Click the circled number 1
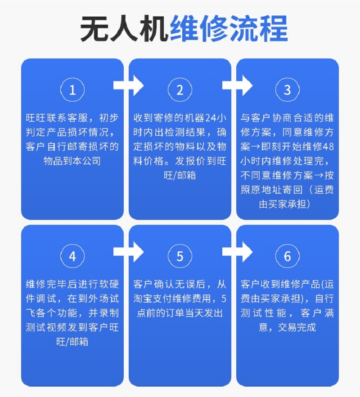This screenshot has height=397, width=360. [x=72, y=90]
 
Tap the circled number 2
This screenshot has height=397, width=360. [x=180, y=90]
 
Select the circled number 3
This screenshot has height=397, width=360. [x=288, y=90]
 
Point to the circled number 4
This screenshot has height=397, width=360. [x=72, y=256]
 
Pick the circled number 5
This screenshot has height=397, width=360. [x=180, y=256]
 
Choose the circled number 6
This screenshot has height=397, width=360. [x=288, y=256]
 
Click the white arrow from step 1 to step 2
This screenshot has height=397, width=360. [x=128, y=85]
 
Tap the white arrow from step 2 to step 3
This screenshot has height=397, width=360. [x=237, y=85]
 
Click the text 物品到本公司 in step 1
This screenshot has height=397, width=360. [x=72, y=161]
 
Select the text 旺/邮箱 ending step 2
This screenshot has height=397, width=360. [x=180, y=175]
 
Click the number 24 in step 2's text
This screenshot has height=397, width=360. [x=211, y=118]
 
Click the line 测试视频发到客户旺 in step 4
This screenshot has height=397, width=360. [x=72, y=327]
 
